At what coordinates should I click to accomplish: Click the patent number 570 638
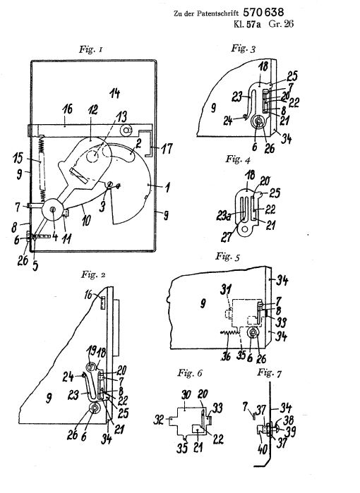[263, 12]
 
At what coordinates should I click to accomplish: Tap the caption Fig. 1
[90, 49]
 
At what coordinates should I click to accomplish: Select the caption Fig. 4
[238, 159]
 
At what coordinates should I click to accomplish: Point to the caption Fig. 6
[190, 373]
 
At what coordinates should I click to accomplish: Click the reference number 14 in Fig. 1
[115, 93]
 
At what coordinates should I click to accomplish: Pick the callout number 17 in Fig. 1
[167, 148]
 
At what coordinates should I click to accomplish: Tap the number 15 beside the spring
[18, 158]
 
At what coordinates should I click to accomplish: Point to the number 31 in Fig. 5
[226, 290]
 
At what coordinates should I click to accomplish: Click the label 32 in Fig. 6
[160, 420]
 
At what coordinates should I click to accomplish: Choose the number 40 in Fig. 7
[262, 449]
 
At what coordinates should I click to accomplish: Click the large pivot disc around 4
[52, 209]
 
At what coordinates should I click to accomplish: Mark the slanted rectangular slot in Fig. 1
[78, 176]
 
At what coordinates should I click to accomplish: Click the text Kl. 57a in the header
[247, 24]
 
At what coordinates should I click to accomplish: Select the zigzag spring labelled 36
[229, 334]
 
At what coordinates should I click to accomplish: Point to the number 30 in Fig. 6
[186, 395]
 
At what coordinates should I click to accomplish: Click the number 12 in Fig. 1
[92, 109]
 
